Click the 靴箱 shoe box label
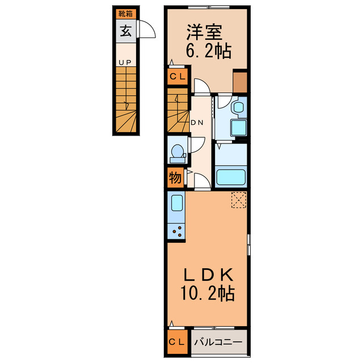(x=125, y=14)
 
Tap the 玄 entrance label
(x=126, y=31)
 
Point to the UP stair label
(x=125, y=62)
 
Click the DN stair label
(x=197, y=123)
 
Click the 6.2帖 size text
(x=209, y=51)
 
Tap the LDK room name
(x=208, y=275)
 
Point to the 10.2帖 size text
(x=208, y=293)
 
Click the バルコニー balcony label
(x=218, y=342)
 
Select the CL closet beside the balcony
(x=178, y=342)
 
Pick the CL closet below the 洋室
(x=178, y=77)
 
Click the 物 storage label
(x=175, y=178)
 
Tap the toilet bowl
(x=178, y=153)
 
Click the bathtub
(x=231, y=177)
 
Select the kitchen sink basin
(x=177, y=203)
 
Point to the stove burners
(x=177, y=231)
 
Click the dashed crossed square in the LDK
(x=239, y=200)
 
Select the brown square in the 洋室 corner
(x=240, y=82)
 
